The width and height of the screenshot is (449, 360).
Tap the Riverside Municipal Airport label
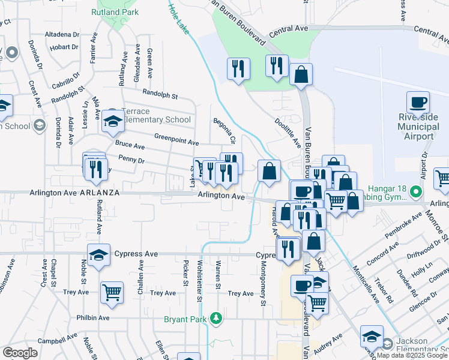[424, 127]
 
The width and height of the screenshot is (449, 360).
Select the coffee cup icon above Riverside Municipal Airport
[418, 102]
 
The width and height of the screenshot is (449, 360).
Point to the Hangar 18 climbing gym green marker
[415, 193]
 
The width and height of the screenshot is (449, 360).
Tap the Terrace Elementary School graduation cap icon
[112, 122]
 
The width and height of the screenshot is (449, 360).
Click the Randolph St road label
[160, 94]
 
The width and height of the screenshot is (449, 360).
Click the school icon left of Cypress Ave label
[98, 255]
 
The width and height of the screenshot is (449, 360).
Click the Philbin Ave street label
[92, 317]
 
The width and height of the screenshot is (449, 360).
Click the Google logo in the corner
[20, 353]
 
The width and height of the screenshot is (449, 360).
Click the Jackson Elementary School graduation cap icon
[372, 337]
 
